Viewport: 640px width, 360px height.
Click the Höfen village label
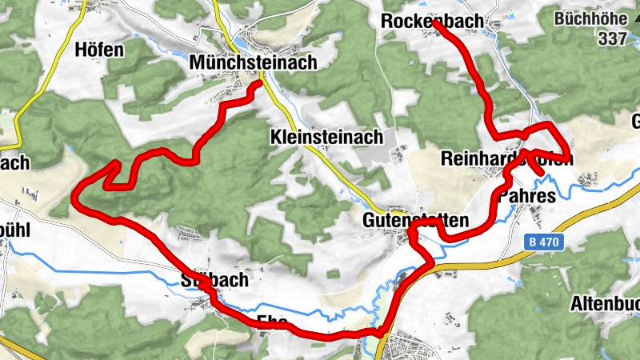99,50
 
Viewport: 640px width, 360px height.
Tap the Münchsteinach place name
253,62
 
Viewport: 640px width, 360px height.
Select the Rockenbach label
432,22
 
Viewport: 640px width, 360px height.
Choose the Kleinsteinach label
326,138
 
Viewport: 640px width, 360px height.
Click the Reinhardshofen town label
506,159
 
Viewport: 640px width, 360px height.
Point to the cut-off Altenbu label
604,304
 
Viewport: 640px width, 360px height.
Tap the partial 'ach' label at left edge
14,163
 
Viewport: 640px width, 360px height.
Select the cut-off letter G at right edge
635,122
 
